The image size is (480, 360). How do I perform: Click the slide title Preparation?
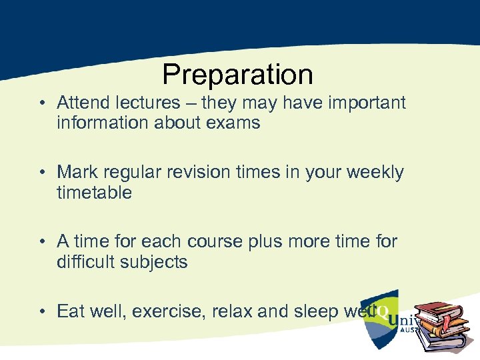click(237, 75)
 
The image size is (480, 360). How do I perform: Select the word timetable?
click(95, 193)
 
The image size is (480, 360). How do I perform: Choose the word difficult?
click(87, 262)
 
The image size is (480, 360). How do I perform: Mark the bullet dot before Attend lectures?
click(42, 104)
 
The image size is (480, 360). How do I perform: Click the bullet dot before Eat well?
click(42, 312)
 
